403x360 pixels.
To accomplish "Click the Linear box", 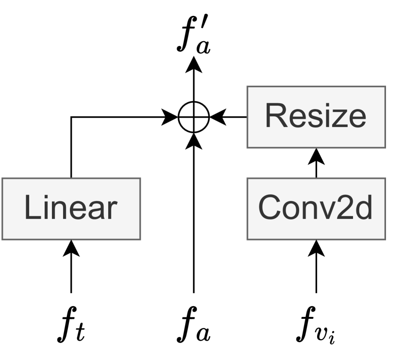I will (x=71, y=208).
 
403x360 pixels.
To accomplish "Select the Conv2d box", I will (x=316, y=208).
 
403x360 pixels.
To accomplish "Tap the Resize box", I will (x=316, y=117).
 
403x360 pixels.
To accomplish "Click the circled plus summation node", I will (x=193, y=117).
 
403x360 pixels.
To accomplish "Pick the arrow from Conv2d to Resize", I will (x=316, y=162).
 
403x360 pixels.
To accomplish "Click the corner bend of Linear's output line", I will (x=71, y=117).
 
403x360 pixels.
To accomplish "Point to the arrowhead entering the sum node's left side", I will (x=171, y=117).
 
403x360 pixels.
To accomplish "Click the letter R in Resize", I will (x=274, y=117).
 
